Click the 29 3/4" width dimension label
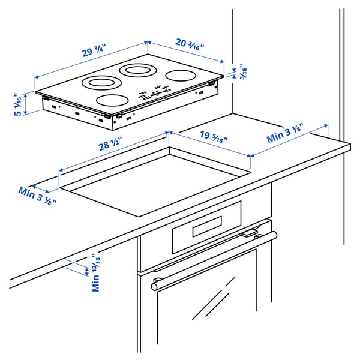[x=95, y=52]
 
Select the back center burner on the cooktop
[x=137, y=70]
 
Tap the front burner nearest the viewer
[x=113, y=101]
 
